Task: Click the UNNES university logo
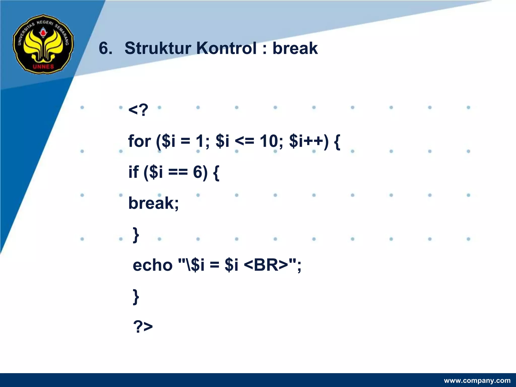43,44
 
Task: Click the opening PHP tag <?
138,110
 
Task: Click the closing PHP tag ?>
143,327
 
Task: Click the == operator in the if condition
178,173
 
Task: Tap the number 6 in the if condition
198,172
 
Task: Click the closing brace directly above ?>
136,297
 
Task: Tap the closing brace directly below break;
136,235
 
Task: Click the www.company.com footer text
477,380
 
